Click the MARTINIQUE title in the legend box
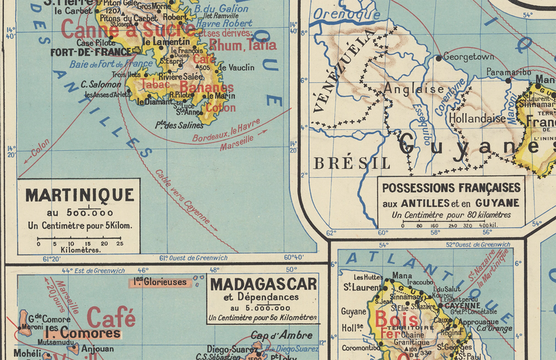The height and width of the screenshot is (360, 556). pyautogui.click(x=79, y=195)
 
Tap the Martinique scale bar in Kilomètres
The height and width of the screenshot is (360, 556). pyautogui.click(x=80, y=238)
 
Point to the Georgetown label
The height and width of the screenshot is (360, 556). pyautogui.click(x=468, y=57)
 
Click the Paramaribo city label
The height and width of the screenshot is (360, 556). pyautogui.click(x=508, y=72)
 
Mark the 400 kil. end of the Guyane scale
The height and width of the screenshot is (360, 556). pyautogui.click(x=488, y=225)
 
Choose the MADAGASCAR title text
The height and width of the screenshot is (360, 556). pyautogui.click(x=263, y=284)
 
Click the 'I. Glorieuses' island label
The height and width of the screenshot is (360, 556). pyautogui.click(x=160, y=282)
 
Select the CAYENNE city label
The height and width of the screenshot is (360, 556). pyautogui.click(x=459, y=306)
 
